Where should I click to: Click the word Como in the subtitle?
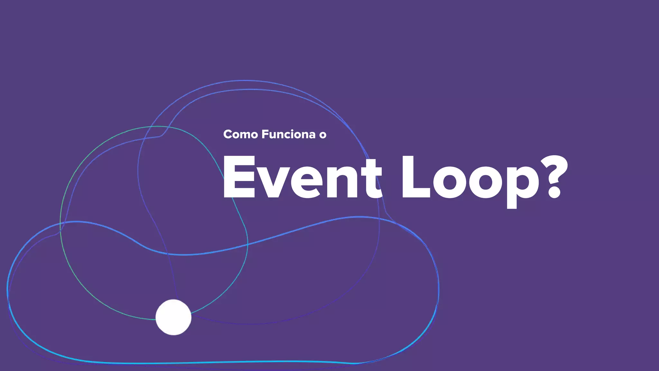[240, 134]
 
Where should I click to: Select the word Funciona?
[288, 134]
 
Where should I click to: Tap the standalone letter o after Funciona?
[323, 135]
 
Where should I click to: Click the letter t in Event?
[372, 179]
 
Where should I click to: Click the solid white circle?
[173, 317]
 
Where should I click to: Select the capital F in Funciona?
[265, 134]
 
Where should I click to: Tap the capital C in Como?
[228, 134]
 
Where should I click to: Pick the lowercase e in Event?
[306, 182]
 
